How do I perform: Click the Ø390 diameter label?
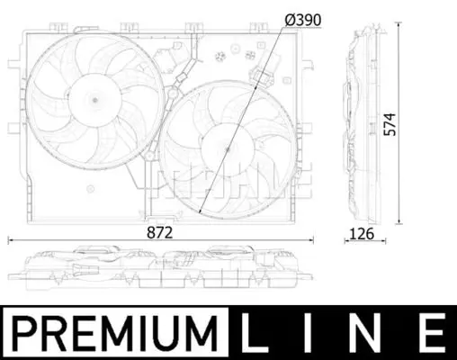click(303, 21)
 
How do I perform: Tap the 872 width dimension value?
click(160, 232)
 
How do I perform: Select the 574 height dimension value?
click(390, 124)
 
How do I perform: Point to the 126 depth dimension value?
click(362, 234)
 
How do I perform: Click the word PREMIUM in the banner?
click(115, 333)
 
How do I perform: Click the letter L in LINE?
click(255, 332)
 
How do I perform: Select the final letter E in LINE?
click(432, 332)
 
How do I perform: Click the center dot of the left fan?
click(95, 100)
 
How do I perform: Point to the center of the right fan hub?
click(228, 149)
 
